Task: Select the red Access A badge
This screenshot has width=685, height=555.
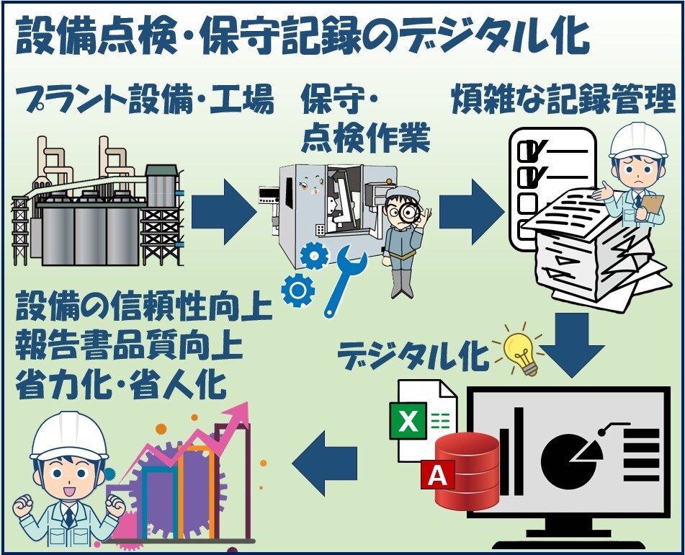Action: [437, 474]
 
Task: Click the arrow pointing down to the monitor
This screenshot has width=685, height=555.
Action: [572, 345]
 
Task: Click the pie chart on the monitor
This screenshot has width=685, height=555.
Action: [567, 458]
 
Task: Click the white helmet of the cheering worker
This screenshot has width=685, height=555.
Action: [69, 437]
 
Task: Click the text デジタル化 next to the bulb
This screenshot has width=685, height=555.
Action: [413, 356]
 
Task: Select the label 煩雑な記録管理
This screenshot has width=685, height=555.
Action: [564, 99]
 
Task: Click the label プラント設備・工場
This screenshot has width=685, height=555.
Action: [145, 99]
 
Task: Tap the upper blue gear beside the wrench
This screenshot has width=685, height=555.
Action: [315, 256]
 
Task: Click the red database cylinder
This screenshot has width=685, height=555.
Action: [467, 472]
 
